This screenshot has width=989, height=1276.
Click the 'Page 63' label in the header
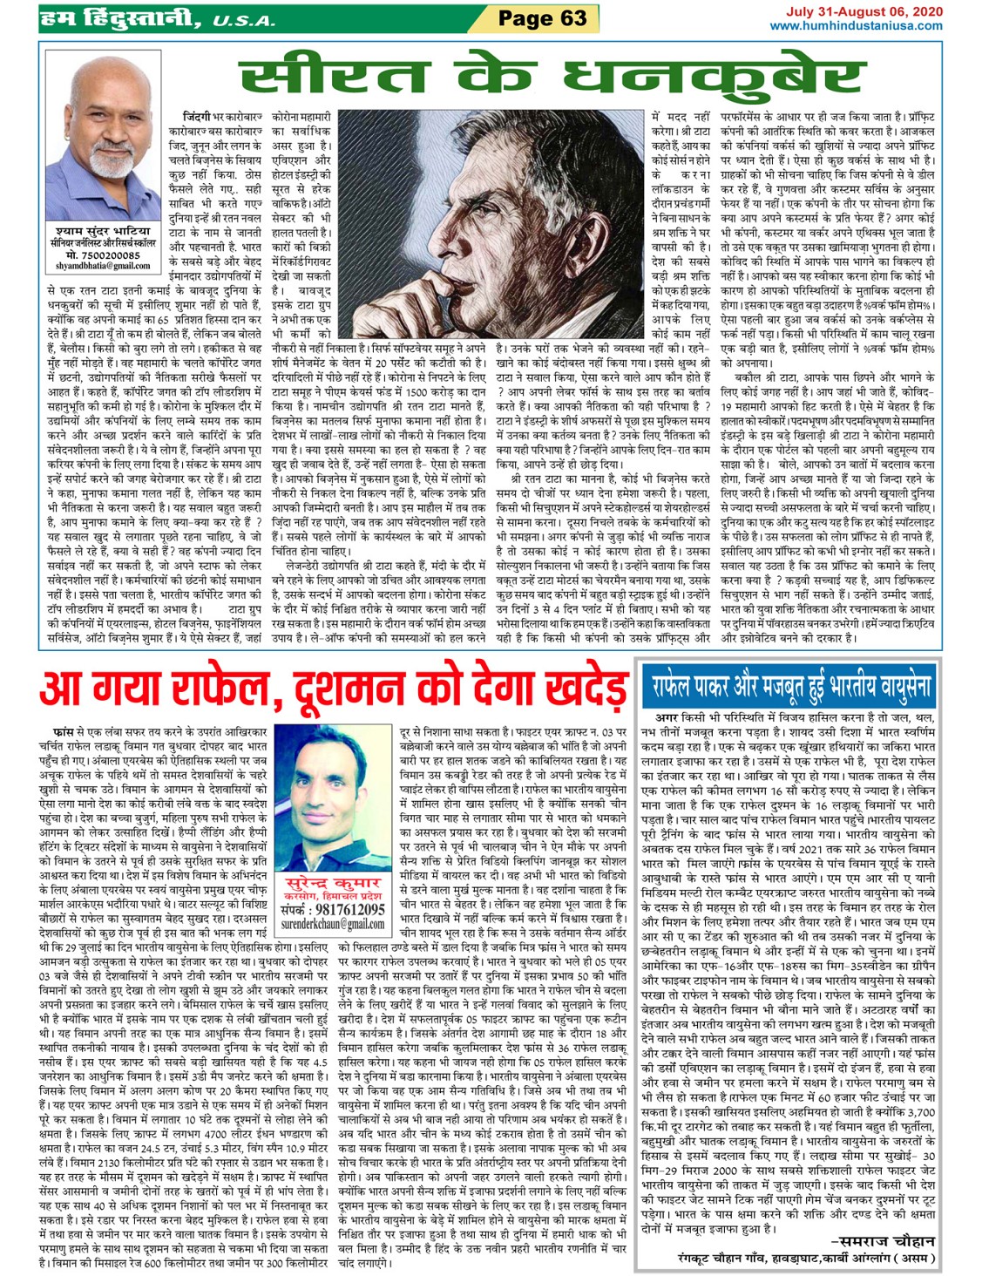point(542,17)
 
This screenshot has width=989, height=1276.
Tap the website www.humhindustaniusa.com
point(856,26)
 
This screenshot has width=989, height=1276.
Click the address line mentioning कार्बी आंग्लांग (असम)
point(806,1258)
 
